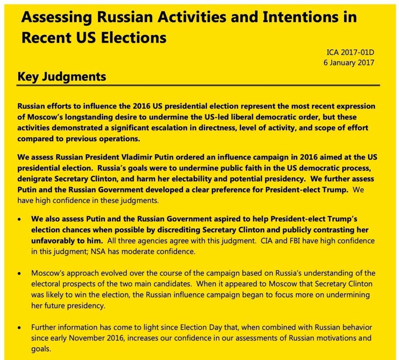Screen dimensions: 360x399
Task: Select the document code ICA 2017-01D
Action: tap(350, 52)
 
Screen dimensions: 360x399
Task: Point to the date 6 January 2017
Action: tap(349, 62)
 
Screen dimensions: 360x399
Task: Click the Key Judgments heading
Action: tap(62, 77)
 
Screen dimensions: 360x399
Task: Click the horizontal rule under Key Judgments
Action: tap(199, 85)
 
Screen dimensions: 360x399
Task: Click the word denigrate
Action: tap(35, 179)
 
